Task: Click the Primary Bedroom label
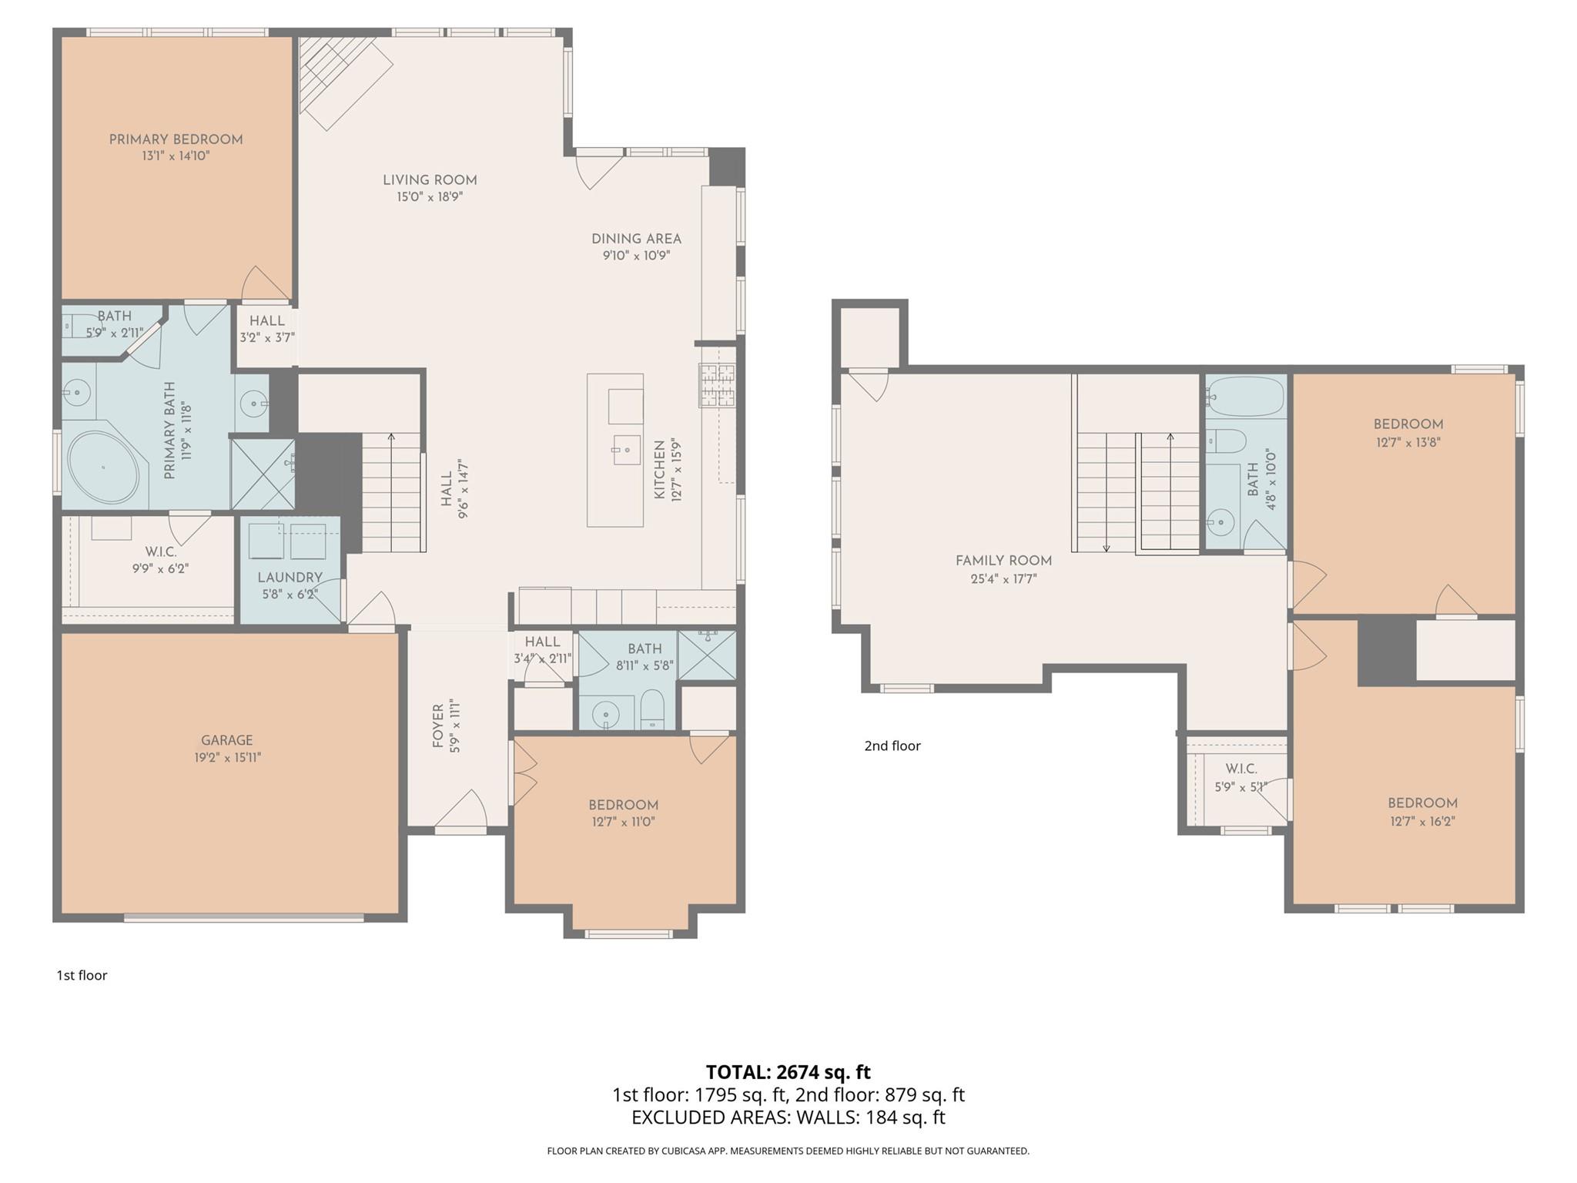(x=176, y=139)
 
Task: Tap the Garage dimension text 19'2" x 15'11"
(x=227, y=757)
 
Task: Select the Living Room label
(x=430, y=180)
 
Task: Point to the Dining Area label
(x=636, y=239)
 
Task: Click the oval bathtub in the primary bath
(x=107, y=468)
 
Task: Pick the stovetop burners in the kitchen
(x=716, y=385)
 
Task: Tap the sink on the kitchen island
(x=626, y=449)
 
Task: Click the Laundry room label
(x=290, y=577)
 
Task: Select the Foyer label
(x=438, y=726)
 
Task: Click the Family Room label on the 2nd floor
(x=1003, y=561)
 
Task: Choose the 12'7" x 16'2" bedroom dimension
(x=1422, y=821)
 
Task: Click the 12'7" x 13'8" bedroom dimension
(x=1408, y=443)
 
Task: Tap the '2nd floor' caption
(x=892, y=746)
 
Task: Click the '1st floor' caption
(x=82, y=975)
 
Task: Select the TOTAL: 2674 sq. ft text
(x=788, y=1072)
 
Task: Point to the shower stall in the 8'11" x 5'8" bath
(x=707, y=654)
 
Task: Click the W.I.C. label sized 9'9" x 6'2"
(x=160, y=552)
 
